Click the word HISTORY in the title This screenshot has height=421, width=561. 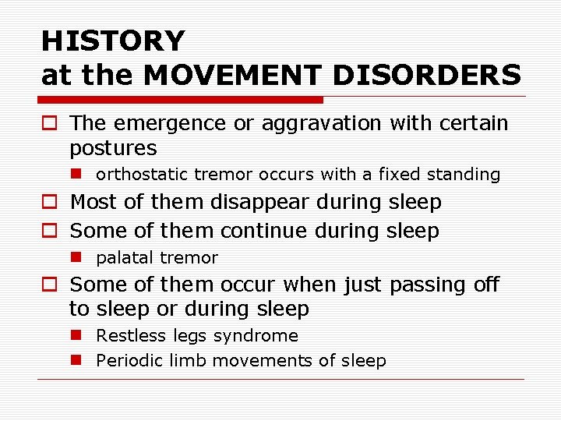[113, 41]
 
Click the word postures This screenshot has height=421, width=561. [113, 148]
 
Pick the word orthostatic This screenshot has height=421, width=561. [139, 175]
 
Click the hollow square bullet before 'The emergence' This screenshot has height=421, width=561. [50, 124]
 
